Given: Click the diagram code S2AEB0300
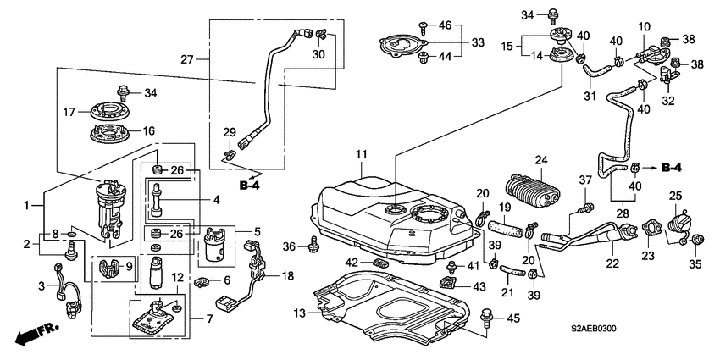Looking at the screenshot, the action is click(x=593, y=329).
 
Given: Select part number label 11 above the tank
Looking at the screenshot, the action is click(x=363, y=154).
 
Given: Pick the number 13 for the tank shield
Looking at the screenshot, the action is click(x=300, y=313).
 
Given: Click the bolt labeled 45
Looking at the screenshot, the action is click(x=485, y=317).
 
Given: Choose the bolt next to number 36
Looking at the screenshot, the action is click(x=313, y=244).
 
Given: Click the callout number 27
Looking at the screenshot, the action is click(x=188, y=59).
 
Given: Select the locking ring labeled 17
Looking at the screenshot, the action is click(x=108, y=111).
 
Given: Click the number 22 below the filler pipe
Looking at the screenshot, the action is click(x=613, y=263).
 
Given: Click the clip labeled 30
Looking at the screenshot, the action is click(x=321, y=33).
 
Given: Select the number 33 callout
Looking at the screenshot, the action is click(x=478, y=42).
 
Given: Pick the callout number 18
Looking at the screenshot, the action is click(x=287, y=276).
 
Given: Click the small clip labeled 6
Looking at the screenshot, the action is click(x=201, y=281).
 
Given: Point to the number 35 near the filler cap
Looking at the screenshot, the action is click(x=695, y=264).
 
